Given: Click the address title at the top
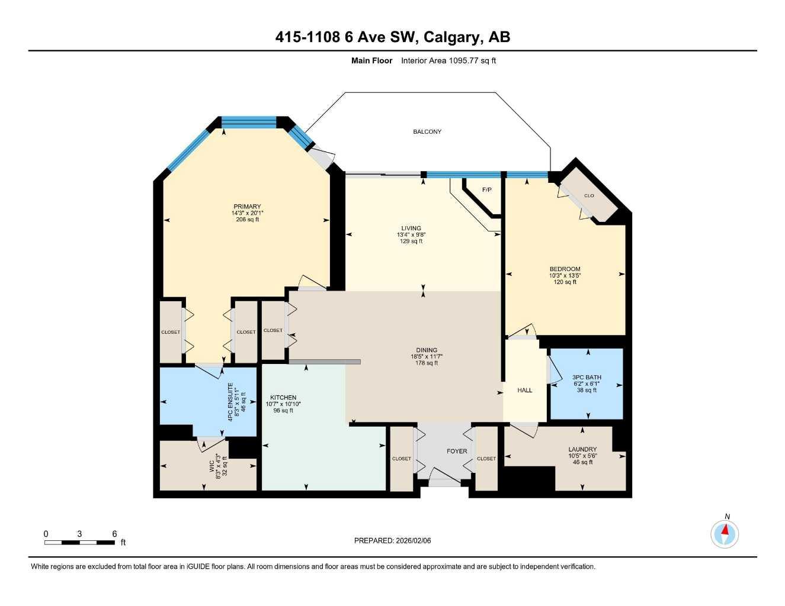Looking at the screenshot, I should [392, 37].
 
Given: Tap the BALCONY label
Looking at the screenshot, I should [427, 132].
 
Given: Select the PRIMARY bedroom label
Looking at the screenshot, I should [247, 207].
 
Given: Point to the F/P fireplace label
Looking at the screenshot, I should [487, 190].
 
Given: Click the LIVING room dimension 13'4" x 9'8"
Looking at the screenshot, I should [411, 235].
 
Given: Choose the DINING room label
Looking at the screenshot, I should [427, 350].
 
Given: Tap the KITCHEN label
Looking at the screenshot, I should [283, 398].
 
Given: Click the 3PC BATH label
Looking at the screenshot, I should [587, 378].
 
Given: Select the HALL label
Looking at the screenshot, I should [524, 391].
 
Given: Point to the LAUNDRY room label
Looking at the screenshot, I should [582, 449].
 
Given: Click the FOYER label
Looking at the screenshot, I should [457, 452].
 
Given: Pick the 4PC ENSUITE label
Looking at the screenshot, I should [230, 402].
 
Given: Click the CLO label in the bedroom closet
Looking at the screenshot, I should [589, 196].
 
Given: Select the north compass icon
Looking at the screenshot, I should [725, 534].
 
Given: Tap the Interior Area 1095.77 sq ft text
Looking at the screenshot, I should [448, 60].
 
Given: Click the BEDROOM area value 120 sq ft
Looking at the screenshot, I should [565, 282].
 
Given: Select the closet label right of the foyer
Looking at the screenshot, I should [486, 459].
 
